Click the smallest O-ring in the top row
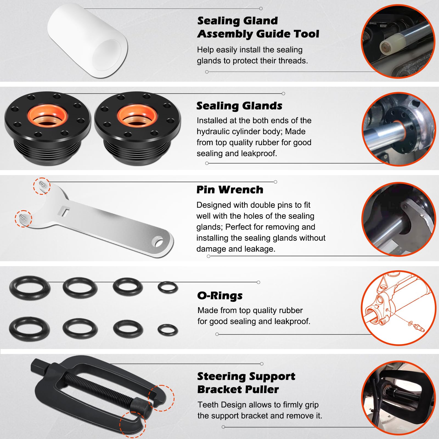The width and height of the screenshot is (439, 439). pyautogui.click(x=168, y=288)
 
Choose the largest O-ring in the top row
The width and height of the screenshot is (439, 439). pyautogui.click(x=30, y=287)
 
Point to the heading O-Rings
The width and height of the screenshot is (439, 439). pyautogui.click(x=220, y=296)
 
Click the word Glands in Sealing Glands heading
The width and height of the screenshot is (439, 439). pyautogui.click(x=262, y=106)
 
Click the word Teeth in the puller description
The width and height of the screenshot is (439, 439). pyautogui.click(x=208, y=405)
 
